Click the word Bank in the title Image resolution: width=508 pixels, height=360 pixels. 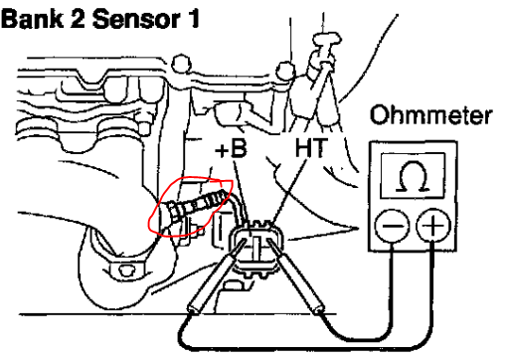(32, 19)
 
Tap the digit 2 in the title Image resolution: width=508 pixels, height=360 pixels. (79, 19)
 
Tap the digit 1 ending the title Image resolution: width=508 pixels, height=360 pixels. (193, 19)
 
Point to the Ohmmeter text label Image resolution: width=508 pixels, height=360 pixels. (430, 115)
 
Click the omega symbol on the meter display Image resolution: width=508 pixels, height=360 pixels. (413, 176)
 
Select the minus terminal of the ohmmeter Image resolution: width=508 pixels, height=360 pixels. (392, 226)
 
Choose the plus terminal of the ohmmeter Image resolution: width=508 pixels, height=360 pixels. (433, 226)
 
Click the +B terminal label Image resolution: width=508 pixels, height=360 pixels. (232, 149)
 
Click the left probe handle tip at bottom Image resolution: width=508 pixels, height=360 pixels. (192, 309)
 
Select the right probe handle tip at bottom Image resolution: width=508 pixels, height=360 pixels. (319, 309)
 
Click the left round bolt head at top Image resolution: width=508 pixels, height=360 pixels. (181, 64)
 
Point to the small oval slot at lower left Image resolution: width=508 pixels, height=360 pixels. (125, 270)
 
